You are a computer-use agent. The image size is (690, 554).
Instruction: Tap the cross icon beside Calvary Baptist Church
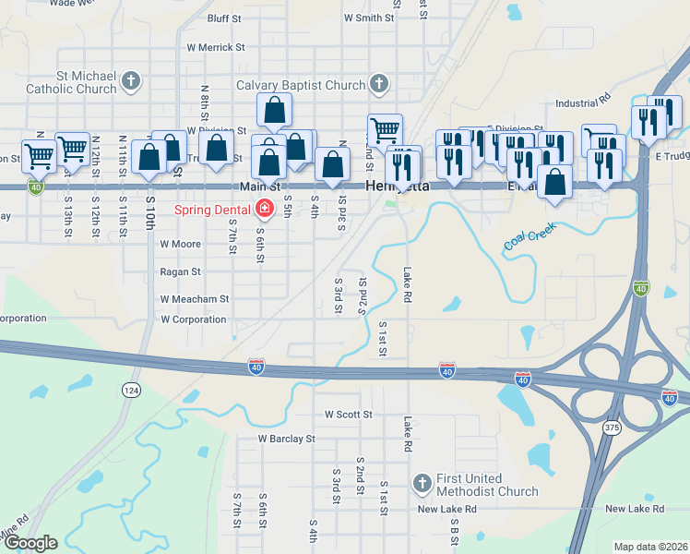point(377,86)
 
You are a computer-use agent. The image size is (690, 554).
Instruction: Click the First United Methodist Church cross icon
point(422,484)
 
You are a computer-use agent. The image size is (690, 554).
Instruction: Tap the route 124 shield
point(133,391)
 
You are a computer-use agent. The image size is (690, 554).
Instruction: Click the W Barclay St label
point(286,439)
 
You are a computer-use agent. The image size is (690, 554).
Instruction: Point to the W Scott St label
point(348,415)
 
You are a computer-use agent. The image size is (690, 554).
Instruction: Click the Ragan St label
point(181,272)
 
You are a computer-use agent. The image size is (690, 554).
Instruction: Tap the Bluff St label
point(224,18)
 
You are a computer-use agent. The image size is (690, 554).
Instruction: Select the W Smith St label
point(369,18)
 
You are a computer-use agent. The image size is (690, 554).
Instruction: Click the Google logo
point(30,544)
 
